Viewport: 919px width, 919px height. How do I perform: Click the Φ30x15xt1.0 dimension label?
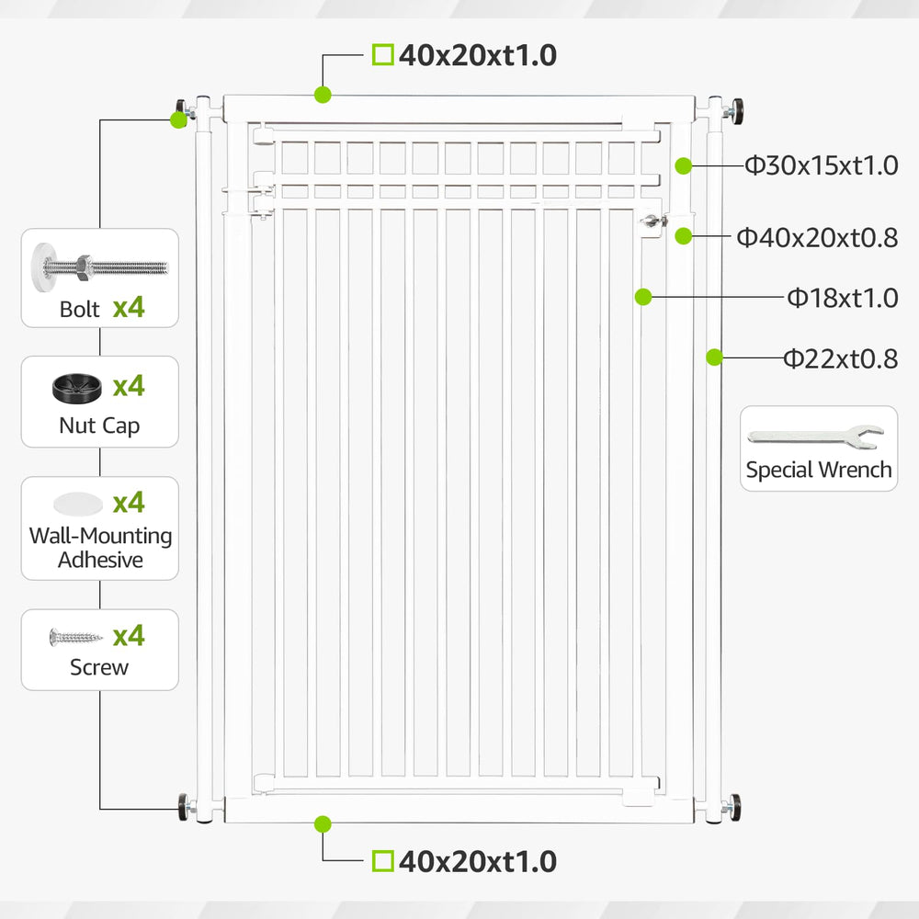(821, 165)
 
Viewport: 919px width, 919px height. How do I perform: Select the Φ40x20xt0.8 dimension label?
(817, 238)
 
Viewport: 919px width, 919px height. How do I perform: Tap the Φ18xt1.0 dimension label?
(842, 299)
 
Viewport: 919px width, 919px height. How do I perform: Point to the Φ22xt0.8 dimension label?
(841, 358)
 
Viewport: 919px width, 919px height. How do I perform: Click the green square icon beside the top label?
(382, 55)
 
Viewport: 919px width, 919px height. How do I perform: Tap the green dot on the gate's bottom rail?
(323, 824)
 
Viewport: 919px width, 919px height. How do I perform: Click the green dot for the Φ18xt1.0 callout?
(643, 297)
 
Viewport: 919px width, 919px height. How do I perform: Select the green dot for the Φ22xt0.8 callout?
(714, 357)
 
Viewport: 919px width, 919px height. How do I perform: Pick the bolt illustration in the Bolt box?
(100, 267)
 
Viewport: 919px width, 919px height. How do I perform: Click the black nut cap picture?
(77, 389)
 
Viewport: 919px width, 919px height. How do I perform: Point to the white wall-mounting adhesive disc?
(78, 504)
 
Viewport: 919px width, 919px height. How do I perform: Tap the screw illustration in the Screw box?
(75, 637)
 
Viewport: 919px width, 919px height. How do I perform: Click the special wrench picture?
(815, 437)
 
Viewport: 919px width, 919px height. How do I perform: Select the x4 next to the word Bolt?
(129, 307)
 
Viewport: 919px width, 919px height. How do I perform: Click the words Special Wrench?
(819, 470)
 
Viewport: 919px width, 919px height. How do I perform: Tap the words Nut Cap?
(99, 425)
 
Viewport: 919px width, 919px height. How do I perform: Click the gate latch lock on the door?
(653, 222)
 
